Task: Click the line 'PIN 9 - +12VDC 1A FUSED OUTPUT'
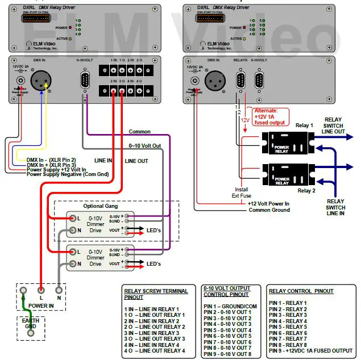pos(310,350)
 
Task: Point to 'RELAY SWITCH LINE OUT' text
pos(334,125)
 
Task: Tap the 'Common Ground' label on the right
pos(269,210)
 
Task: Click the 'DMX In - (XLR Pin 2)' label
pos(53,160)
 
